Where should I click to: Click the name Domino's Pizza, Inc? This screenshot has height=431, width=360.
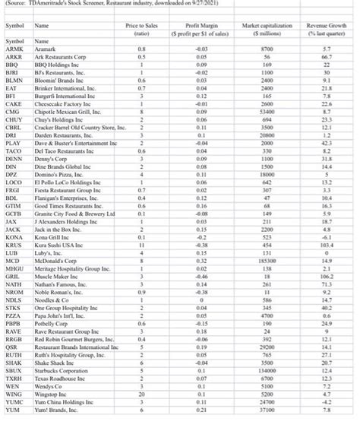click(58, 173)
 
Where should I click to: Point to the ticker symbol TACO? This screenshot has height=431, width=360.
click(14, 151)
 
